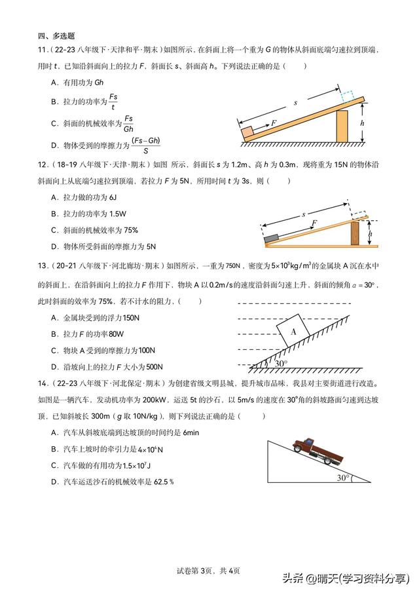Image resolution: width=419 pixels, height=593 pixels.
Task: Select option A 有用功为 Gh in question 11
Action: click(77, 82)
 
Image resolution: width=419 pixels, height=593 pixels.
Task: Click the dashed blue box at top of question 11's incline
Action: click(347, 95)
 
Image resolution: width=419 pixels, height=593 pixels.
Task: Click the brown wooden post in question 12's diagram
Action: click(355, 233)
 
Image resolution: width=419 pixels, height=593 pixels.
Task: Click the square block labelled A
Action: click(295, 332)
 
